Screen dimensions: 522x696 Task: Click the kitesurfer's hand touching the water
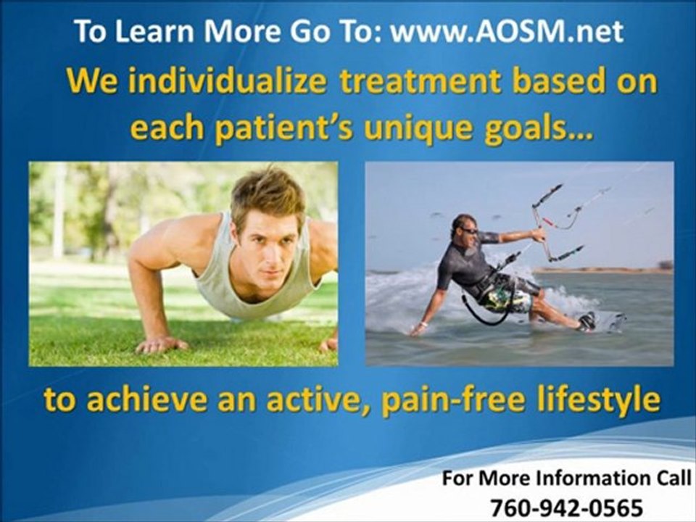click(x=418, y=328)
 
